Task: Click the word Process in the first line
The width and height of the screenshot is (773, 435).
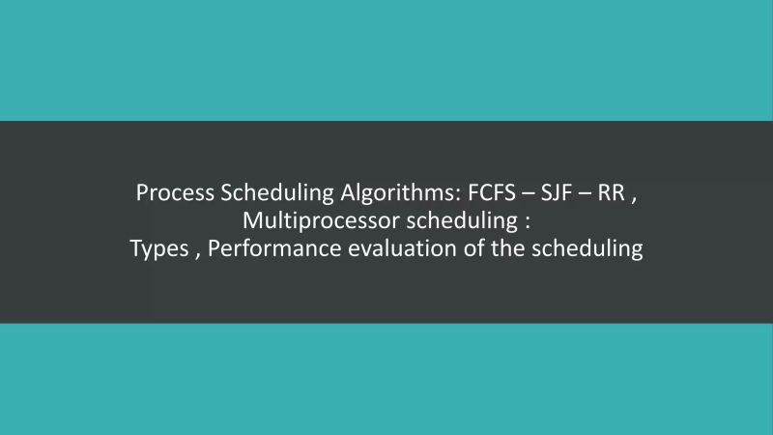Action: tap(175, 192)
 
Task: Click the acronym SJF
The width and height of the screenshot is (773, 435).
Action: tap(558, 192)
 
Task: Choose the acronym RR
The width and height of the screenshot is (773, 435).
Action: tap(611, 192)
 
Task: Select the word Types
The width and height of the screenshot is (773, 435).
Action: tap(160, 248)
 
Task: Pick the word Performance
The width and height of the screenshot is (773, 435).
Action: tap(272, 248)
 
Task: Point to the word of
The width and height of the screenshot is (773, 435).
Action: tap(463, 248)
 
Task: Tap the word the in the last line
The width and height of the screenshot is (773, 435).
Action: tap(500, 248)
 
